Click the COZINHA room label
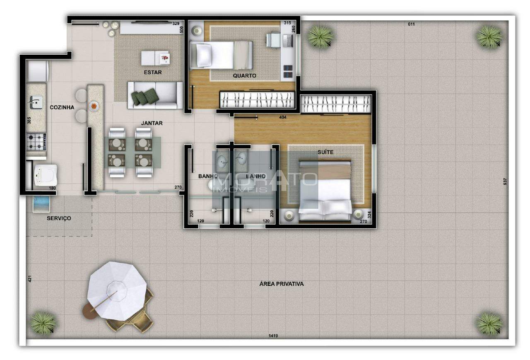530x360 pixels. (62, 107)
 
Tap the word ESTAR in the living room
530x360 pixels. (153, 72)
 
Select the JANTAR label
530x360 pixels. (152, 123)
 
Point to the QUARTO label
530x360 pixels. (244, 76)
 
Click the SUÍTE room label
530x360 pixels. (325, 152)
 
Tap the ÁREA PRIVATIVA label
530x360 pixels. (282, 284)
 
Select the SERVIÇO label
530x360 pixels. (59, 218)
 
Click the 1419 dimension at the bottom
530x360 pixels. (273, 336)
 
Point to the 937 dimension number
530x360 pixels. (505, 181)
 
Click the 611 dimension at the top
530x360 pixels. (412, 24)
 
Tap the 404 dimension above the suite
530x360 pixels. (283, 117)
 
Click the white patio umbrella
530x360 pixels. (117, 291)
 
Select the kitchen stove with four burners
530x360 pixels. (36, 142)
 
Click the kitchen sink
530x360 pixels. (36, 102)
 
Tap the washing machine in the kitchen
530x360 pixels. (46, 175)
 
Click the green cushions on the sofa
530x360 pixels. (145, 97)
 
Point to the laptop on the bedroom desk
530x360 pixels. (288, 41)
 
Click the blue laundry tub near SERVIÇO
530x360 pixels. (41, 204)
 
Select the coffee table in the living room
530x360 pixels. (155, 58)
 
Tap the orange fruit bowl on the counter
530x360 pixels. (94, 106)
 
